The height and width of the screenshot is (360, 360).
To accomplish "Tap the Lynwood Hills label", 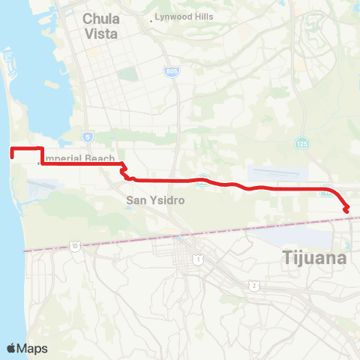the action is point(184,16).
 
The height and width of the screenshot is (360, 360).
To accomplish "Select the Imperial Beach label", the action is point(79,158).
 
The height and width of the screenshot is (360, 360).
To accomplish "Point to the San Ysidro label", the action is point(155,200).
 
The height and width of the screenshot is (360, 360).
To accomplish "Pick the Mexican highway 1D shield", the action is point(75,245).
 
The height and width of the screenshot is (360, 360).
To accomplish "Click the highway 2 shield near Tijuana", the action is point(255,285).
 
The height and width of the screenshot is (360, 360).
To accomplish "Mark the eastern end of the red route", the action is point(346,210).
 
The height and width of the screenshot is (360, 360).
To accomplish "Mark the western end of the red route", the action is point(10,152).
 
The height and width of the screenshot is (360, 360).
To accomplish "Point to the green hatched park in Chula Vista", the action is point(128,75).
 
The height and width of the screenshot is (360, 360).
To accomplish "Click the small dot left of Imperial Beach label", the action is point(39,160).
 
